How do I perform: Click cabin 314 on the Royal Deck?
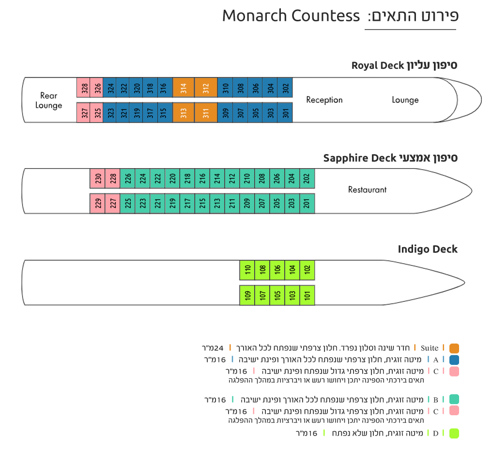[183, 87]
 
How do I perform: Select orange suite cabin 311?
[206, 112]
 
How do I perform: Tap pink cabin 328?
[83, 87]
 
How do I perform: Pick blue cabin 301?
[285, 112]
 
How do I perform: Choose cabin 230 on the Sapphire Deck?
[97, 178]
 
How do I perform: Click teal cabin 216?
[202, 178]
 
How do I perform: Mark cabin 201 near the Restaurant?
[307, 204]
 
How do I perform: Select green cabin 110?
[247, 270]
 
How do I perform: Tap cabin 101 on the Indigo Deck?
[307, 295]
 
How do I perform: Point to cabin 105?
[277, 295]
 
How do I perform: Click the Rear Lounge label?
[48, 100]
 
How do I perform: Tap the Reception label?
[324, 100]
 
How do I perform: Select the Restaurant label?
[368, 189]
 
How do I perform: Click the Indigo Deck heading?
[428, 249]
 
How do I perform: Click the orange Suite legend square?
[454, 348]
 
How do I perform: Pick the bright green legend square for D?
[454, 433]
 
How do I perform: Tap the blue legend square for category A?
[454, 360]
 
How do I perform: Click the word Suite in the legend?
[430, 348]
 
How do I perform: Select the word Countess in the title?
[325, 16]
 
